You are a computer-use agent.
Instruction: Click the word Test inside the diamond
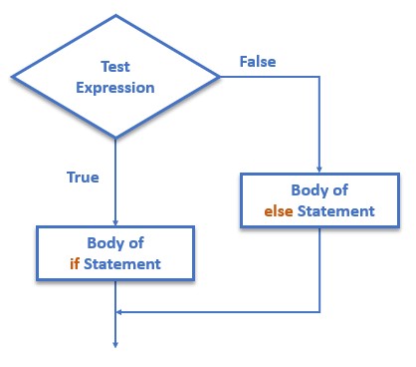[115, 67]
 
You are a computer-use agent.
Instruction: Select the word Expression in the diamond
[115, 87]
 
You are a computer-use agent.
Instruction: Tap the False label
[258, 62]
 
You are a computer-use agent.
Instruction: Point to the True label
[83, 177]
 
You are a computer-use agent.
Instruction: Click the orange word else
[280, 211]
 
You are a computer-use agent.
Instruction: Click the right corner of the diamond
[220, 76]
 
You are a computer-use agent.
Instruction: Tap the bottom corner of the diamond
[115, 138]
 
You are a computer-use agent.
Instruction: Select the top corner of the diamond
[115, 14]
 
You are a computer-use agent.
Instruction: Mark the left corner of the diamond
[11, 76]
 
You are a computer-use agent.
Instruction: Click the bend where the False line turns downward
[320, 76]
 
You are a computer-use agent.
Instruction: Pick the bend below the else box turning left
[320, 312]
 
